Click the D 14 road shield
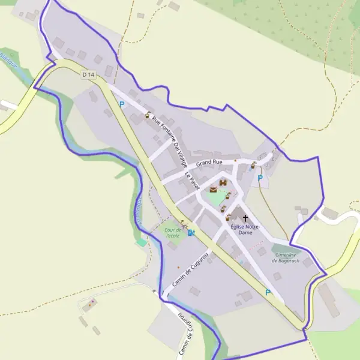[88, 74]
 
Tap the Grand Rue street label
[209, 163]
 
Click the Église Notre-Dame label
[244, 229]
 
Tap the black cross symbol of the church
[245, 218]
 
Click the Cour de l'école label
[172, 232]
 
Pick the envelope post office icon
[213, 190]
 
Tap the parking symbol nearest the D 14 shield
[122, 104]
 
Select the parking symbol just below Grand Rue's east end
[260, 178]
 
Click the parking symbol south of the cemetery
[268, 293]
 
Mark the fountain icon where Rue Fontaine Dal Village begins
[148, 114]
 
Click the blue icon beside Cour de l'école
[191, 232]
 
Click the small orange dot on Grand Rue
[235, 160]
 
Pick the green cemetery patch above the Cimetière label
[282, 247]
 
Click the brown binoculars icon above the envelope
[223, 182]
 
